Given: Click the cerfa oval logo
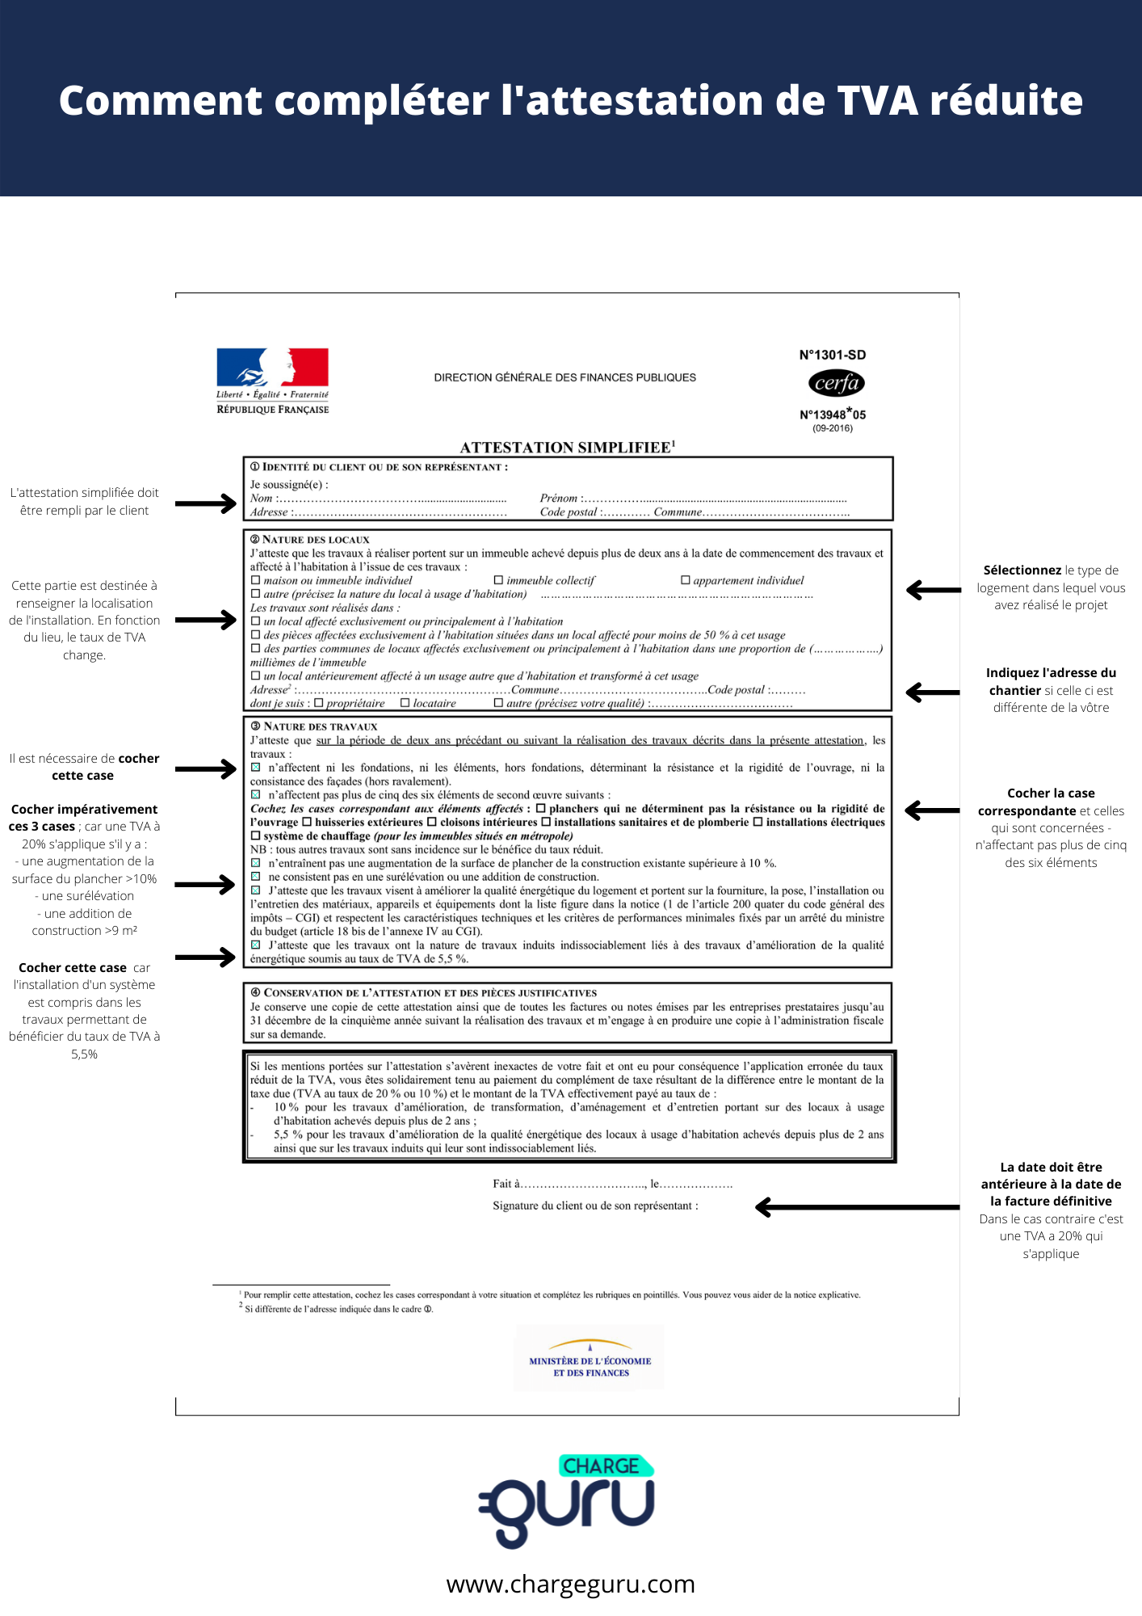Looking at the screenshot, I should (x=836, y=383).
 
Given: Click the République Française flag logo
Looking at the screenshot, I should (x=272, y=368).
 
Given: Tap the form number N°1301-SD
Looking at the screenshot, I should (x=832, y=355).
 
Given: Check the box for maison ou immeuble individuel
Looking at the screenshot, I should (x=256, y=580).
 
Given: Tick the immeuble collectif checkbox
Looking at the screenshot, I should (x=498, y=580).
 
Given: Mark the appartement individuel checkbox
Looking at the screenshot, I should (x=685, y=580).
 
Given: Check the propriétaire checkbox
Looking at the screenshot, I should (x=318, y=703).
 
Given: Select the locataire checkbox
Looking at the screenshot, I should (x=405, y=703).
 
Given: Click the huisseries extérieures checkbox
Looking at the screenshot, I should (x=307, y=822).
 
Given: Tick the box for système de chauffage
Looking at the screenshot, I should (x=256, y=835).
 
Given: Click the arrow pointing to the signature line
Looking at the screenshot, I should (x=856, y=1207).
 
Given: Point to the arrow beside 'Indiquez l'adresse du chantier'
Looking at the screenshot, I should (x=933, y=692).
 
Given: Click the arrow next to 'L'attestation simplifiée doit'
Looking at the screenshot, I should (x=205, y=503).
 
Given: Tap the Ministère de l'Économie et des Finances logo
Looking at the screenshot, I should (x=590, y=1359).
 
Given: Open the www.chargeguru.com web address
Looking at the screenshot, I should (x=570, y=1584).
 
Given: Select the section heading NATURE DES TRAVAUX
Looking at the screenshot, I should (x=320, y=726).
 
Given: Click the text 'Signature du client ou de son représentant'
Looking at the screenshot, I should (x=595, y=1206).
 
